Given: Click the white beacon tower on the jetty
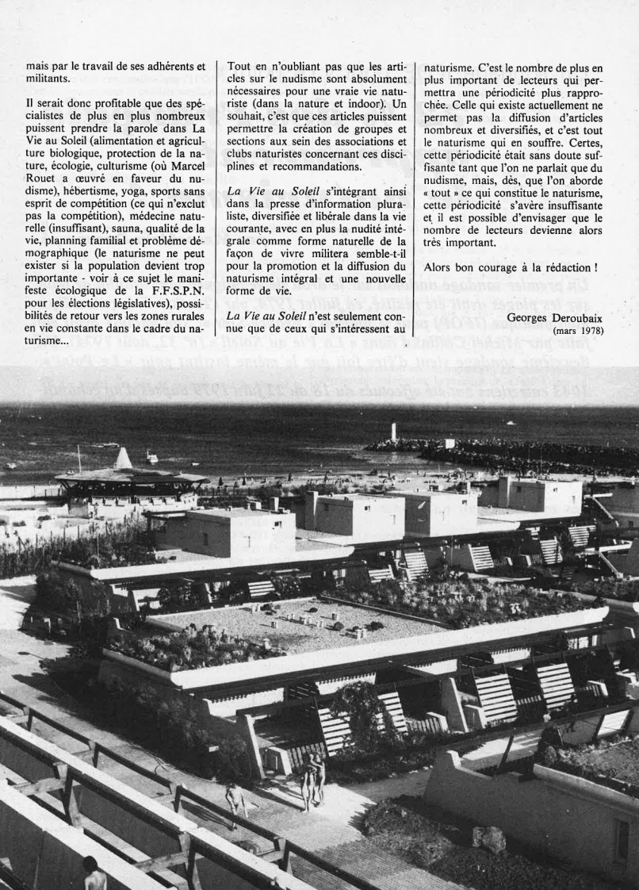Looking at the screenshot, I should [x=393, y=432].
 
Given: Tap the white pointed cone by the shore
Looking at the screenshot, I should [x=122, y=458].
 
